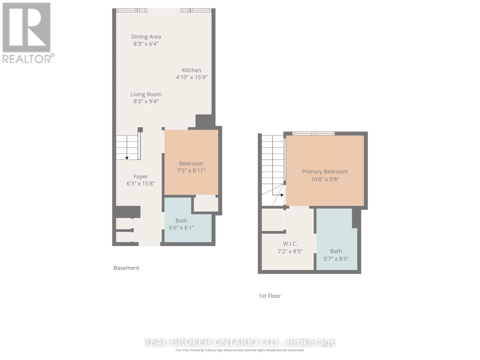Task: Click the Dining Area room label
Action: click(x=146, y=37)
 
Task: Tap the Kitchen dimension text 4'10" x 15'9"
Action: click(x=191, y=77)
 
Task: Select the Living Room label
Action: click(x=146, y=94)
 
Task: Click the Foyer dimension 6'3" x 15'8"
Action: click(x=140, y=184)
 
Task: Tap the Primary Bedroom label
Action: click(x=325, y=172)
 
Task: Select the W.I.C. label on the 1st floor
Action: click(x=290, y=244)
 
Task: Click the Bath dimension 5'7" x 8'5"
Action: click(x=336, y=259)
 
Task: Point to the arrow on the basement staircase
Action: click(x=127, y=158)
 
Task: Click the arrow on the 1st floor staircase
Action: click(x=282, y=195)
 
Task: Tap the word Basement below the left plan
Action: click(x=126, y=268)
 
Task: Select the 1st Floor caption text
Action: click(x=269, y=296)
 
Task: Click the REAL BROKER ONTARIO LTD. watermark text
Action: click(x=240, y=342)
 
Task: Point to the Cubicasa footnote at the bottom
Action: click(x=240, y=350)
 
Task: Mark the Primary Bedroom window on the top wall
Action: click(x=313, y=133)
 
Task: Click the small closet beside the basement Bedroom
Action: click(x=206, y=204)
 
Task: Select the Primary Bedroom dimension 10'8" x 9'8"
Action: click(x=325, y=179)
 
